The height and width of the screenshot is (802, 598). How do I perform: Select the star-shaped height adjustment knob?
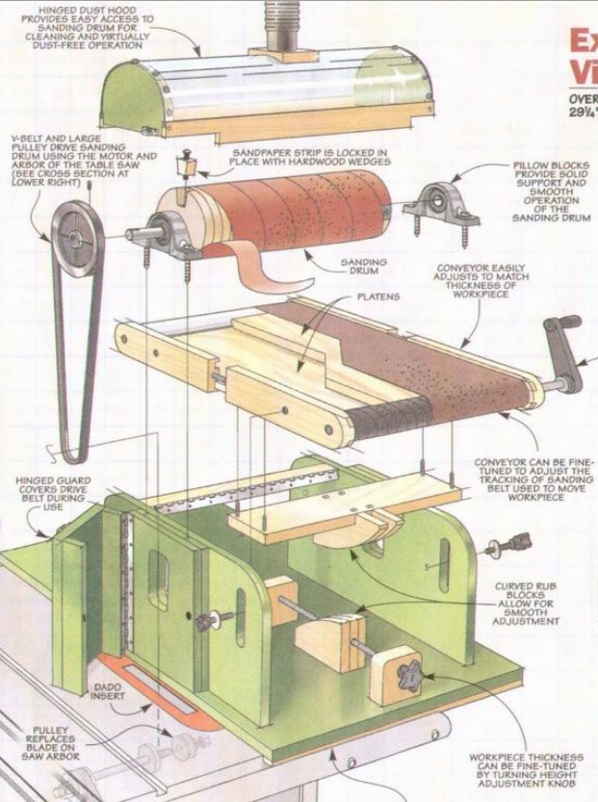click(408, 677)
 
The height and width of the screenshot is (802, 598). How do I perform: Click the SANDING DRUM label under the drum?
click(364, 266)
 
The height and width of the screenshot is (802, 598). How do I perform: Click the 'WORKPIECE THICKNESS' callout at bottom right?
click(526, 770)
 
